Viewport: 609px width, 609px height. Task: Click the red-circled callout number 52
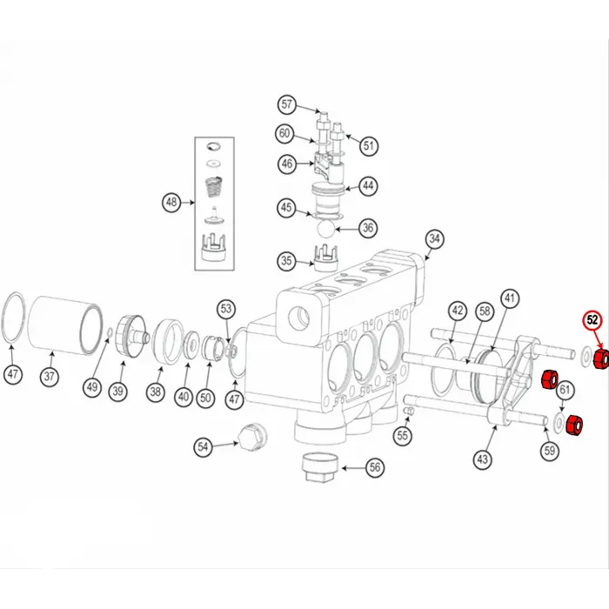pos(592,320)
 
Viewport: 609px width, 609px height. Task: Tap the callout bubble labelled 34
pos(434,239)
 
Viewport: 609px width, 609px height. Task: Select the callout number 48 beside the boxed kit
pos(171,203)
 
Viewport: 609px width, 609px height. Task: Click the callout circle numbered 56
pos(375,468)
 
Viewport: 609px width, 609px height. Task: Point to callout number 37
pos(50,377)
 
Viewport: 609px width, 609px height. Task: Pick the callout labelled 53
pos(226,309)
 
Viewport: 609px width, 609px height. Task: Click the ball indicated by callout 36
pos(325,229)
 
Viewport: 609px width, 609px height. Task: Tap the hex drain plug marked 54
pos(251,438)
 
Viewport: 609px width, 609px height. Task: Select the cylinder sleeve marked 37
pos(65,326)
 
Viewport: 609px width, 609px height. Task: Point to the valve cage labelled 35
pos(325,258)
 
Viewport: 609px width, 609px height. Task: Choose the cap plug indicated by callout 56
pos(320,468)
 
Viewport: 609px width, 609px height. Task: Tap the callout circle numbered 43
pos(482,459)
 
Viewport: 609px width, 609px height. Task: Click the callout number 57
pos(286,104)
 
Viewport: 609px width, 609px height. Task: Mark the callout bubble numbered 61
pos(565,390)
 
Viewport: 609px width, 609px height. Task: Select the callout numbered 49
pos(92,387)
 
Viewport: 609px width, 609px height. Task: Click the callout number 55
pos(402,435)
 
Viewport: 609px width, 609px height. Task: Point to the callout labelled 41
pos(509,298)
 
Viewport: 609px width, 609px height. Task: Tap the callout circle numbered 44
pos(368,186)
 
